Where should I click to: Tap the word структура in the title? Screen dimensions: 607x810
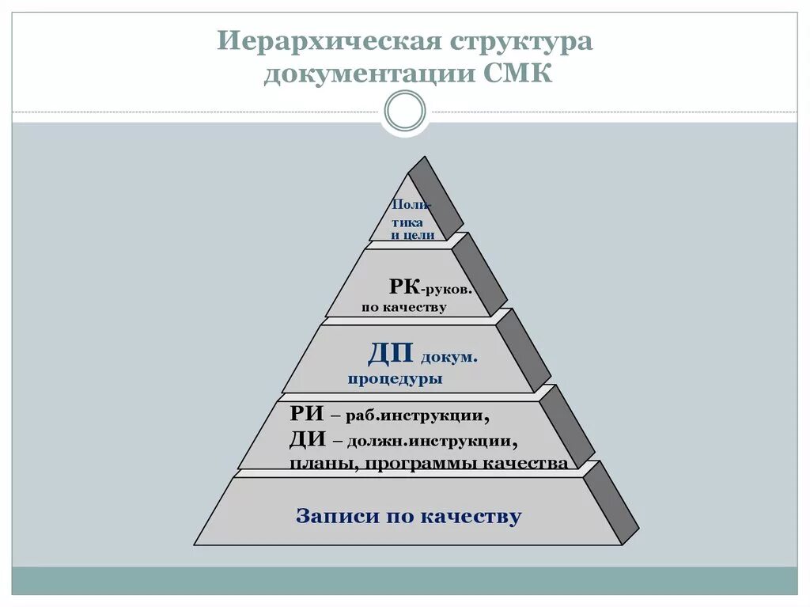[x=521, y=41]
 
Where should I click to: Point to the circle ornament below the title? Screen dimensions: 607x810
[x=405, y=111]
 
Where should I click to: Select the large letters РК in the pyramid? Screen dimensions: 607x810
[x=404, y=286]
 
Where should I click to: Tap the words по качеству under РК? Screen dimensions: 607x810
[x=404, y=307]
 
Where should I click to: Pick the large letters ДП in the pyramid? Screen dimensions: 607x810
[x=392, y=354]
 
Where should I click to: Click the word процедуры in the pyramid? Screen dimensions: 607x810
[x=395, y=379]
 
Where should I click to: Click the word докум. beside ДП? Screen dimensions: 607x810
[x=449, y=357]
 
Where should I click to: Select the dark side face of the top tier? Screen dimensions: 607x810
[x=436, y=198]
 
